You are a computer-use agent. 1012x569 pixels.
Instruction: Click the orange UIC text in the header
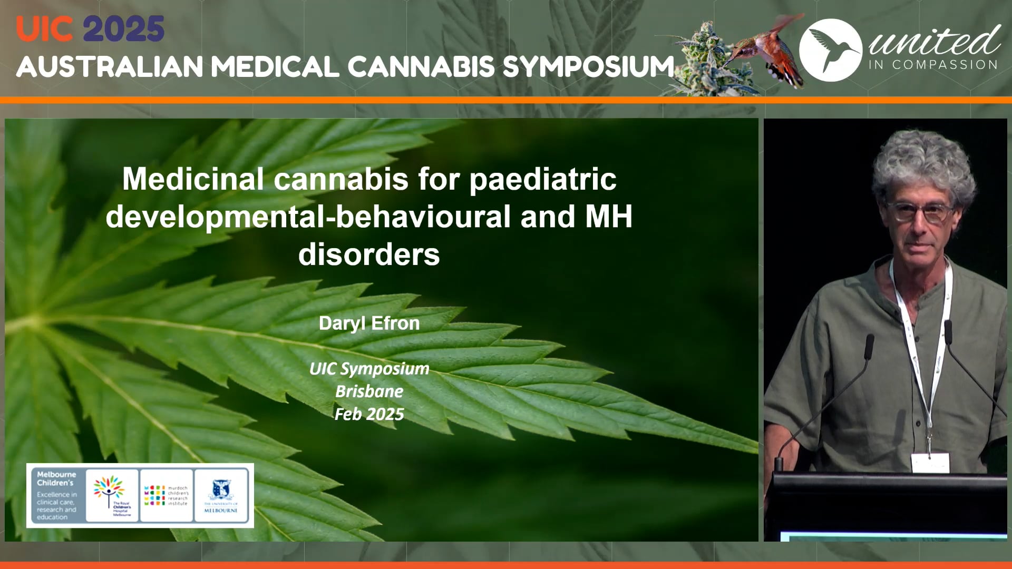44,29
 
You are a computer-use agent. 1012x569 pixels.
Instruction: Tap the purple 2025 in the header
124,29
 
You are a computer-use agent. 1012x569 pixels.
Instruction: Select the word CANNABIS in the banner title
421,67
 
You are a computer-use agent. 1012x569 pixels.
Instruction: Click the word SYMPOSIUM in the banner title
588,67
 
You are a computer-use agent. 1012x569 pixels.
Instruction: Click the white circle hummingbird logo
830,50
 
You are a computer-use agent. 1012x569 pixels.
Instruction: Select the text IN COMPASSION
933,65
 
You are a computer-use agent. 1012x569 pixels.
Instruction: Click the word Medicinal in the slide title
193,179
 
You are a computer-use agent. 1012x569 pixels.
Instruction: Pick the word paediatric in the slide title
542,179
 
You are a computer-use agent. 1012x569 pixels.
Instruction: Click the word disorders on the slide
369,254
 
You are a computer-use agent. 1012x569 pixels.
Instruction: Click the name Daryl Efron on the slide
369,323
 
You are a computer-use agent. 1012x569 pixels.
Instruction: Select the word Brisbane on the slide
369,391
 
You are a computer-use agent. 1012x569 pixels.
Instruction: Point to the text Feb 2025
369,414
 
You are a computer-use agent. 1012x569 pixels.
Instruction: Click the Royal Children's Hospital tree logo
111,495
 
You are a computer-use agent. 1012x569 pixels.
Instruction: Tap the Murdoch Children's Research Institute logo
166,495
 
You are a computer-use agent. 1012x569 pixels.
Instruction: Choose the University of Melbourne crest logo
221,495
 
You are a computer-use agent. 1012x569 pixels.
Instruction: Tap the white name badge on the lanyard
930,463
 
